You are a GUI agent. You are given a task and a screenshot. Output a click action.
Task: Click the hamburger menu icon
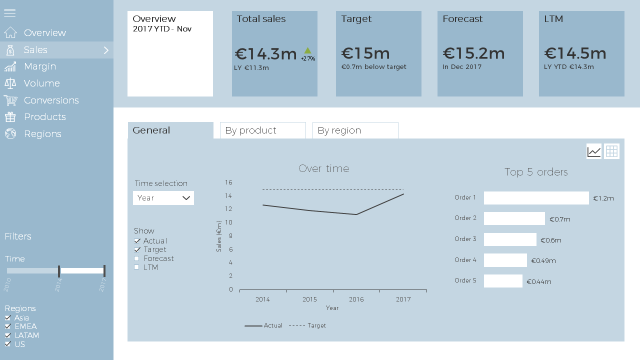[x=9, y=13]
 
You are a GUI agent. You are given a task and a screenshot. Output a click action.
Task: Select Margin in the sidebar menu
[x=39, y=66]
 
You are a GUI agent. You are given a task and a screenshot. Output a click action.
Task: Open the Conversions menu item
[x=51, y=100]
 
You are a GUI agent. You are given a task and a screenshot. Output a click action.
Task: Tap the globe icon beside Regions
[x=10, y=133]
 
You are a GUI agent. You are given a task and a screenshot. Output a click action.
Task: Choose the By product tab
[x=263, y=130]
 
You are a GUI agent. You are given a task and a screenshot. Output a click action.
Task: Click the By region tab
[x=355, y=130]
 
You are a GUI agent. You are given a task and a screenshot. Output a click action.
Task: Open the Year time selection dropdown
[x=163, y=198]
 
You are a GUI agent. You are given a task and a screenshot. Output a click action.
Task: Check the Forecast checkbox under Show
[x=136, y=258]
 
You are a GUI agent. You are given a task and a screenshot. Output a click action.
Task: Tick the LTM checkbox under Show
[x=136, y=267]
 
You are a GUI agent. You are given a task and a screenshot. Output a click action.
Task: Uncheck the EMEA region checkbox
[x=7, y=326]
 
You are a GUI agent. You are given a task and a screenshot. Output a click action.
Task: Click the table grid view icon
[x=611, y=151]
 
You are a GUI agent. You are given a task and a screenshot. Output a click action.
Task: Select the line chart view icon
[x=594, y=151]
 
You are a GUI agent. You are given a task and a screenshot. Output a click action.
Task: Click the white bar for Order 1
[x=536, y=198]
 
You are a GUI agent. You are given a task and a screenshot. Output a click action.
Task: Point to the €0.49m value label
[x=543, y=260]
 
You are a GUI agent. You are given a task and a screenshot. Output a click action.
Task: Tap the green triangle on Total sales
[x=307, y=50]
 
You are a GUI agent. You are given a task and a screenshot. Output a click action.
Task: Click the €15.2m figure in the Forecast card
[x=473, y=53]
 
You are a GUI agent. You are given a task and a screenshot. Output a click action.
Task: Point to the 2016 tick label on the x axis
[x=356, y=299]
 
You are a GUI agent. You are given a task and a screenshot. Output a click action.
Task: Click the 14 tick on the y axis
[x=228, y=195]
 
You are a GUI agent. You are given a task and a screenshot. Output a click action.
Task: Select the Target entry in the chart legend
[x=307, y=325]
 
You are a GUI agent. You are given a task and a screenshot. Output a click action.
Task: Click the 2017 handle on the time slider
[x=104, y=271]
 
